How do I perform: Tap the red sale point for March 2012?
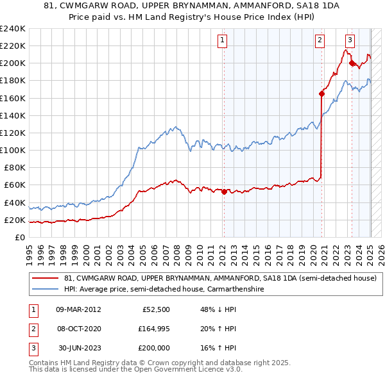224,191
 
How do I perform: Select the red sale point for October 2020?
321,93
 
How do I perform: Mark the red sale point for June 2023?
352,63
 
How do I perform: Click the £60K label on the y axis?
15,185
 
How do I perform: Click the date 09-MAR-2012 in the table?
78,309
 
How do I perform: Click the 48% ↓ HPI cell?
218,309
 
